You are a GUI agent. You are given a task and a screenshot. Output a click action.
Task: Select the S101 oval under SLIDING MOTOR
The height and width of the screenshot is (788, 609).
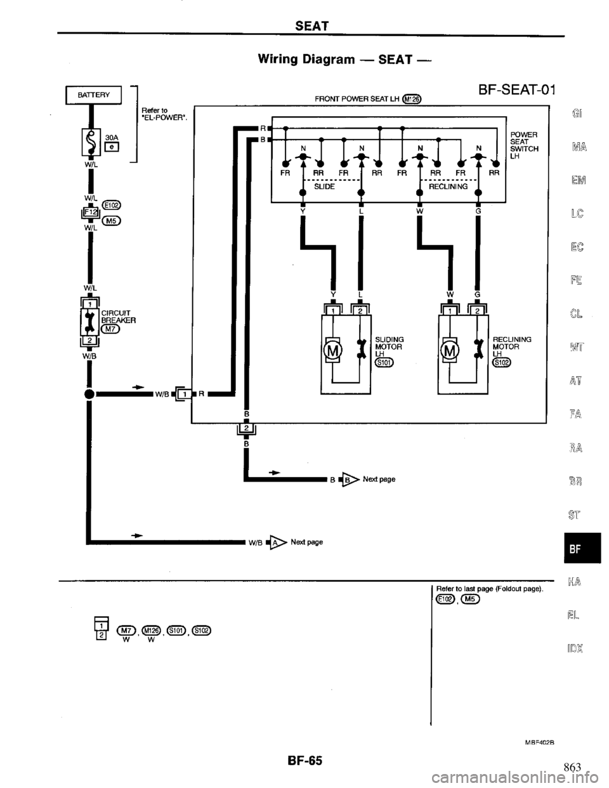(384, 362)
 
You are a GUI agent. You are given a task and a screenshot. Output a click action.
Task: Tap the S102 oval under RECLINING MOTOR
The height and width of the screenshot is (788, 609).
(502, 362)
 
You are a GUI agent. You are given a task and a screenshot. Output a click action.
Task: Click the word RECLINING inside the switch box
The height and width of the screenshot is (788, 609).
(449, 187)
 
